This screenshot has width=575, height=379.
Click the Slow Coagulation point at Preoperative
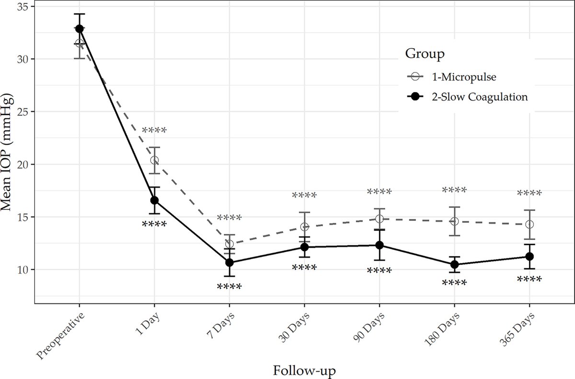click(79, 29)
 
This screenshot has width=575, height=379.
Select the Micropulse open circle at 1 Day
click(154, 161)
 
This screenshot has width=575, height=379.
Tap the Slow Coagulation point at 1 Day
click(154, 200)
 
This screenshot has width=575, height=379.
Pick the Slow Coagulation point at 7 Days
click(229, 263)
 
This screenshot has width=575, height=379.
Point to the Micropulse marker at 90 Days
click(379, 219)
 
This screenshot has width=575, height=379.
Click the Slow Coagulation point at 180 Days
click(454, 264)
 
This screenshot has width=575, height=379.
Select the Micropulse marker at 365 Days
click(529, 224)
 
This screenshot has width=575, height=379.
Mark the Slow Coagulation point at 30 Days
click(304, 247)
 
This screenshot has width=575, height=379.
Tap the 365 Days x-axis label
click(517, 329)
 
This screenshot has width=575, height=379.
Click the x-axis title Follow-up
click(304, 370)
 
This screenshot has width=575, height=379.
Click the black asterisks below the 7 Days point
click(229, 287)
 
